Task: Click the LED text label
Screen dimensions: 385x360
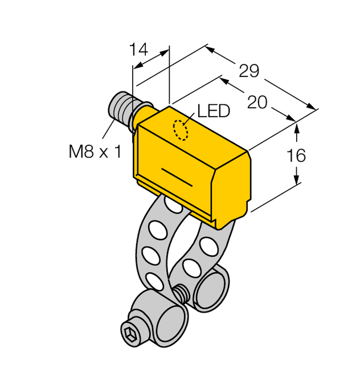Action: tap(213, 111)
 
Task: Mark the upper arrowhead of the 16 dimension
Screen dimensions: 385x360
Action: tap(296, 126)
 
